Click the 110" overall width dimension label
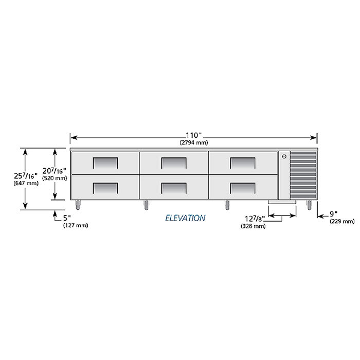(193, 135)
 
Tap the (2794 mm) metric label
(194, 142)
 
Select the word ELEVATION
(185, 218)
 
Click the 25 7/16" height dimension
(26, 176)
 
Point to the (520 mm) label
(55, 178)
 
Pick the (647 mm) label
(26, 183)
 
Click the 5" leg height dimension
(67, 218)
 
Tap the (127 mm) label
(76, 225)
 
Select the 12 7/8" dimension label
(255, 219)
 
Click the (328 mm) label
(253, 226)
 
